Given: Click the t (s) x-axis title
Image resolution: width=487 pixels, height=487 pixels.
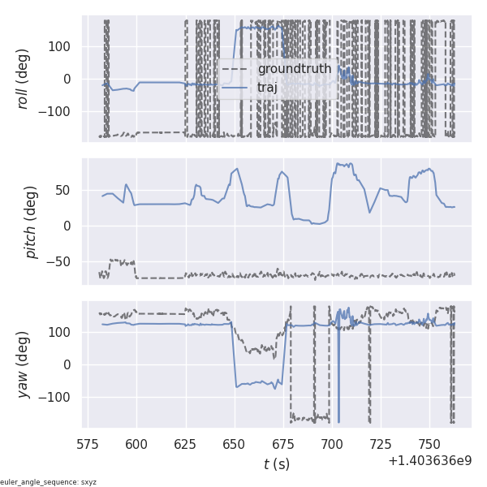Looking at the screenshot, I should click(x=276, y=464).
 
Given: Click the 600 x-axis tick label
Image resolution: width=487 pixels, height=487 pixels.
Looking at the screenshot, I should click(x=136, y=444).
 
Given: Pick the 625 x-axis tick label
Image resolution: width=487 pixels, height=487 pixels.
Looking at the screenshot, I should click(x=185, y=444).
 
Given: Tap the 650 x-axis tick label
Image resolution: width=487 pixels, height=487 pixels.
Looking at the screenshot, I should click(x=234, y=444).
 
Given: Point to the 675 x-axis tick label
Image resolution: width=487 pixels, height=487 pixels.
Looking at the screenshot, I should click(x=282, y=444).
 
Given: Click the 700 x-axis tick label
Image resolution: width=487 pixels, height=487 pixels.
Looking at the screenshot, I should click(x=331, y=444).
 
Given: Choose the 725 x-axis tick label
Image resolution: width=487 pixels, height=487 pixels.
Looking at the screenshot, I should click(x=380, y=444).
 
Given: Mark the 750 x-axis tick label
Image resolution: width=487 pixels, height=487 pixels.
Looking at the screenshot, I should click(x=429, y=444).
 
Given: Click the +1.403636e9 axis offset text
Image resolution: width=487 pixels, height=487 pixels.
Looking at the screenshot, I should click(x=429, y=461).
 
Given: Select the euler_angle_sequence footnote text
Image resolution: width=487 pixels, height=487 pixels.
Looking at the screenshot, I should click(x=48, y=482).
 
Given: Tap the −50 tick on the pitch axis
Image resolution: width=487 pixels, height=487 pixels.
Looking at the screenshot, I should click(x=62, y=261).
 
